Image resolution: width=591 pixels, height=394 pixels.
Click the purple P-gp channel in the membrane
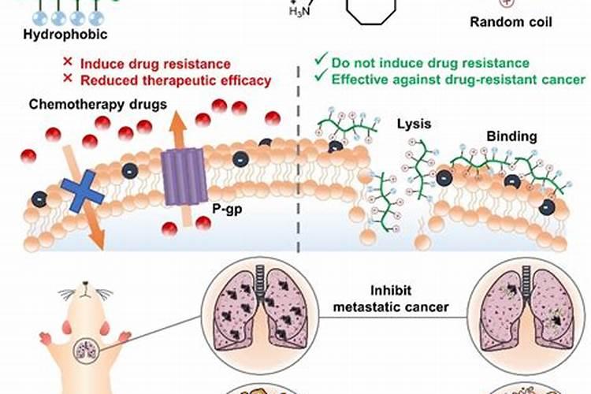[x=184, y=176]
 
